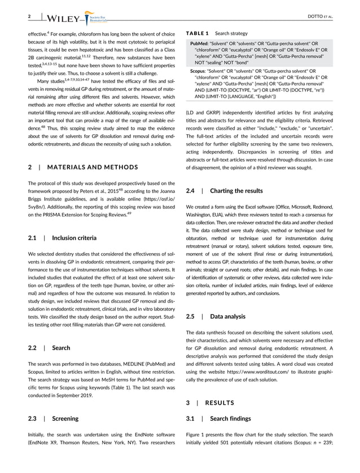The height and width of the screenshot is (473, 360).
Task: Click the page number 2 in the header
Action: [x=29, y=16]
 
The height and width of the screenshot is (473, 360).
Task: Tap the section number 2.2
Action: [x=33, y=348]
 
